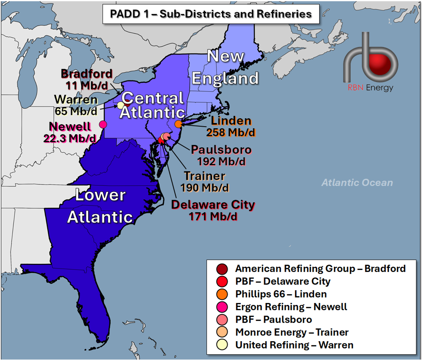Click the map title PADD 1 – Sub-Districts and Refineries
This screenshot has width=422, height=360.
pos(211,14)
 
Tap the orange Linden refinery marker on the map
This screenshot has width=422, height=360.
pos(178,124)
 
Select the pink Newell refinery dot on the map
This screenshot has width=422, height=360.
pos(103,124)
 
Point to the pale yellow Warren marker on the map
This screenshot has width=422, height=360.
pos(120,105)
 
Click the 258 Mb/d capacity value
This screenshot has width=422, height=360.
pos(231,133)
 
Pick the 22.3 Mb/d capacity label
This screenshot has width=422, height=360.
pos(70,138)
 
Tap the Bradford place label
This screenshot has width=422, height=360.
pos(87,74)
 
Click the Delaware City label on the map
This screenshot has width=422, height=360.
pos(213,205)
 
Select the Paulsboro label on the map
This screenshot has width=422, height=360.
pos(221,150)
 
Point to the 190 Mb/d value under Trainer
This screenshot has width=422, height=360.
pos(205,188)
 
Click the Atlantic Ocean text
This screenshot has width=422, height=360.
pos(357,183)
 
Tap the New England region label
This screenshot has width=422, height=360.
pos(225,67)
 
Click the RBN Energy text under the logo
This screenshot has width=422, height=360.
pos(371,88)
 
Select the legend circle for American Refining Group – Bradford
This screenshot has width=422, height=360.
pos(222,269)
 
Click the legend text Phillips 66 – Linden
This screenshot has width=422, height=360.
pos(281,294)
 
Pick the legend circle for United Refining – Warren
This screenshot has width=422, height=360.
pos(222,345)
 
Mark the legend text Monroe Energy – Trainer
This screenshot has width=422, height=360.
pos(292,332)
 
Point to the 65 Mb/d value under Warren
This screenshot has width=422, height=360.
pos(76,111)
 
